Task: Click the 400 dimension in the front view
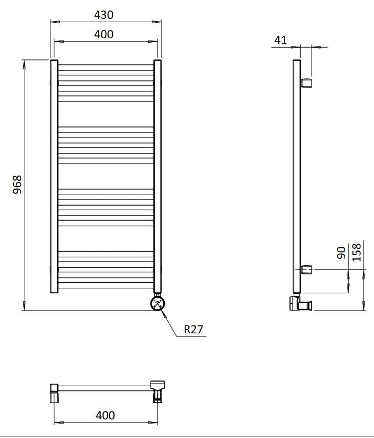pos(103,34)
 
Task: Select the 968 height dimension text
pos(17,185)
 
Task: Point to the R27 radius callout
pos(194,329)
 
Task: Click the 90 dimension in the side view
pos(341,252)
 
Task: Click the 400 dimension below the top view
pos(105,415)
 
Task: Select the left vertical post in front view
pos(54,175)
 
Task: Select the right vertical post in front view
pos(157,175)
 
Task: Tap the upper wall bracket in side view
pos(307,83)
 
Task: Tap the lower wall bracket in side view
pos(307,270)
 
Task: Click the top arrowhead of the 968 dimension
pos(24,63)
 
